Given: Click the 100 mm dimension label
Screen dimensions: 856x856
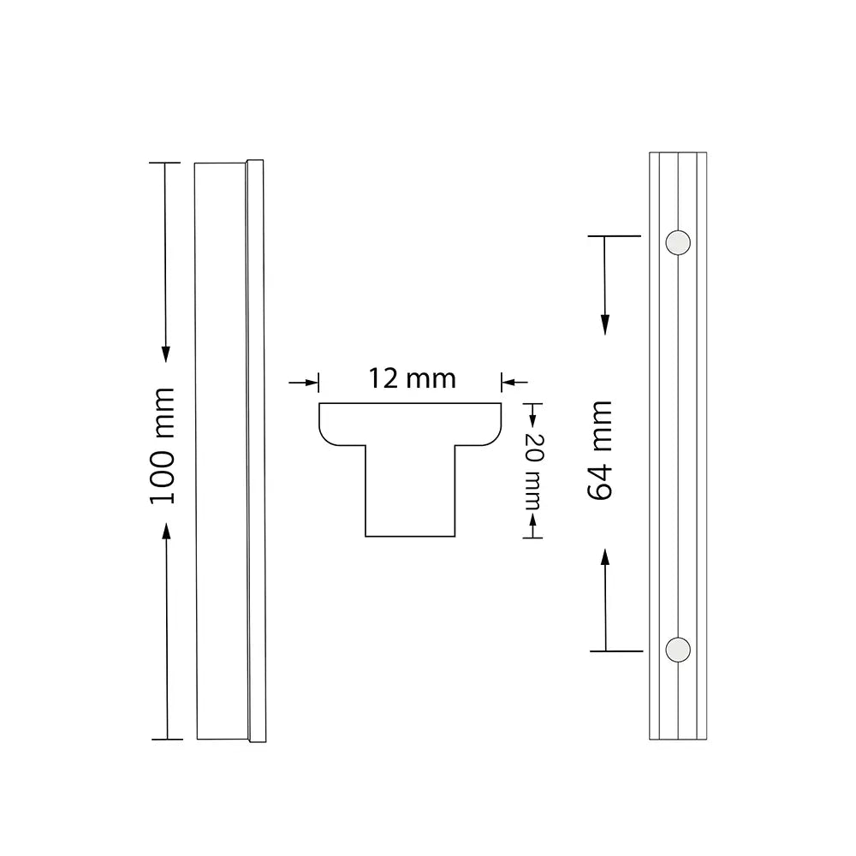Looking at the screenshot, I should [162, 445].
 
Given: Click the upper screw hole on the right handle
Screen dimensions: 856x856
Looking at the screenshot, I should [678, 242].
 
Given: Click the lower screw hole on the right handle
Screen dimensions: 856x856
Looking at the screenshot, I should [678, 649].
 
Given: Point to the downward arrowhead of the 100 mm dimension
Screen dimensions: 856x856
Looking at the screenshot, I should [166, 353].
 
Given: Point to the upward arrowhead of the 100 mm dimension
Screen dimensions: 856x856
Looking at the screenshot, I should [166, 532].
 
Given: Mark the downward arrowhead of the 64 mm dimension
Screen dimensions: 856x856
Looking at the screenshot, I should [605, 324].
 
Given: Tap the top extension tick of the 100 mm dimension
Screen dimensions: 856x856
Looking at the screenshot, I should [166, 162].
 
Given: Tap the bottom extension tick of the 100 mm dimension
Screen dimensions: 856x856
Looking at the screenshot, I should [166, 738].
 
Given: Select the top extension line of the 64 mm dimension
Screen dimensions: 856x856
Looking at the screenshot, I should [615, 235].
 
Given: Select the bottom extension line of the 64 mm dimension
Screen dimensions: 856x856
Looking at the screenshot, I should [615, 651].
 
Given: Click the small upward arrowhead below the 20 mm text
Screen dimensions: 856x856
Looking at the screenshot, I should [533, 519].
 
